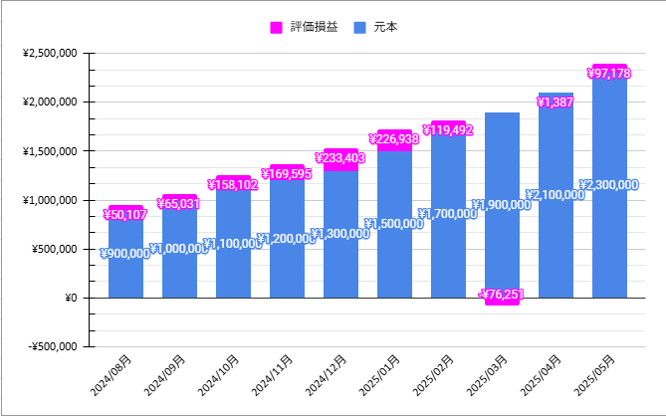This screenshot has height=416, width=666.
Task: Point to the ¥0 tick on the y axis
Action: coord(70,298)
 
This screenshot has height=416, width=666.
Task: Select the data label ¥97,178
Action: coord(609,74)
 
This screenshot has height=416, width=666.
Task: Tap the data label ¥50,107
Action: coord(125,214)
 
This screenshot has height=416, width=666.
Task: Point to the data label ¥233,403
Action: coord(340,157)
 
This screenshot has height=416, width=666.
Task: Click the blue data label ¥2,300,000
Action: coord(609,185)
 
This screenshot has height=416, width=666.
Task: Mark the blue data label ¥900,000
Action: coord(125,254)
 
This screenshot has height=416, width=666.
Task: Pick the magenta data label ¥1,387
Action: coord(555,102)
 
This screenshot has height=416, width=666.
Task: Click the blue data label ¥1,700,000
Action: coord(448,214)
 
